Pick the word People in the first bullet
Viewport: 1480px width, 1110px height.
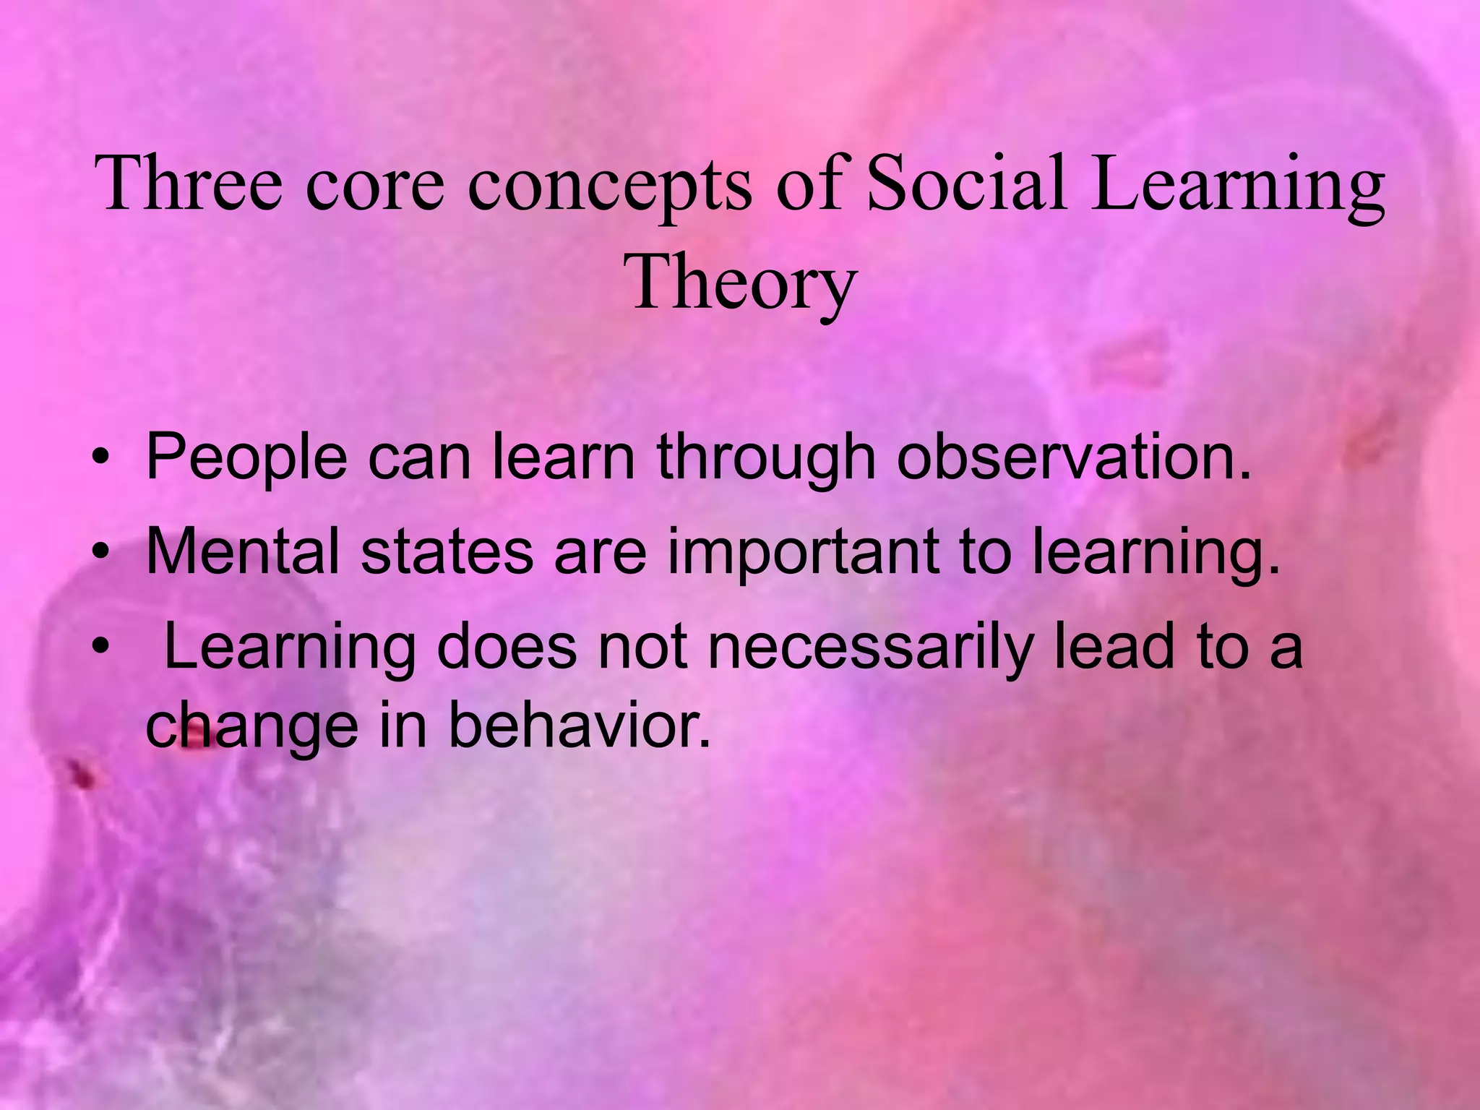click(246, 458)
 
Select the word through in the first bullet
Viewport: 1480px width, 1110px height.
click(766, 458)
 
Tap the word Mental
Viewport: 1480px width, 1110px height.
click(242, 551)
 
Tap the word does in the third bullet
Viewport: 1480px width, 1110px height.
click(507, 645)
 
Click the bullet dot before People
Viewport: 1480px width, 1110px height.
click(100, 458)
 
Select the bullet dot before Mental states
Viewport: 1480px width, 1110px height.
click(100, 552)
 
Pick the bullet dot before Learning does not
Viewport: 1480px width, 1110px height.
click(100, 645)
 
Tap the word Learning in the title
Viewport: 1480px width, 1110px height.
click(1237, 185)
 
